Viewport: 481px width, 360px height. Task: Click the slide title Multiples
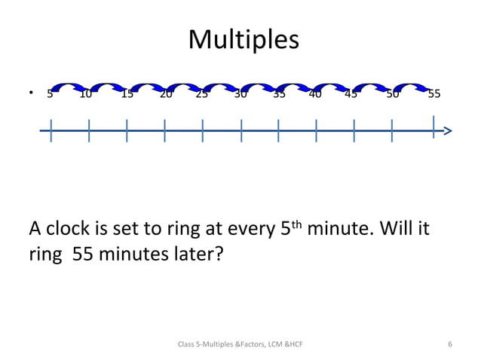tap(243, 39)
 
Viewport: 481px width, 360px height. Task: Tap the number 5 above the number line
tap(50, 94)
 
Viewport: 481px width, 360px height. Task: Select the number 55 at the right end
tap(434, 94)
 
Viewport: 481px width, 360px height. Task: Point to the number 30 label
tap(240, 94)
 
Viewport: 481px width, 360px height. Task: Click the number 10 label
tap(86, 94)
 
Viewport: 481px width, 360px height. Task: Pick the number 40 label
tap(315, 94)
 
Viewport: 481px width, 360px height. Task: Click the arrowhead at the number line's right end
tap(448, 131)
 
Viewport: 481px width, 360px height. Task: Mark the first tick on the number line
tap(51, 130)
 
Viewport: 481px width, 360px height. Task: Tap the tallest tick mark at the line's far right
tap(434, 127)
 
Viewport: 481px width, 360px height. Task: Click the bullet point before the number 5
tap(31, 94)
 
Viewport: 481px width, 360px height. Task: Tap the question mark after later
tap(219, 255)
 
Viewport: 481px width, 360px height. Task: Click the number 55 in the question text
tap(84, 255)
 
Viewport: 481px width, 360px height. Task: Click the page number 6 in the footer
tap(450, 344)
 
